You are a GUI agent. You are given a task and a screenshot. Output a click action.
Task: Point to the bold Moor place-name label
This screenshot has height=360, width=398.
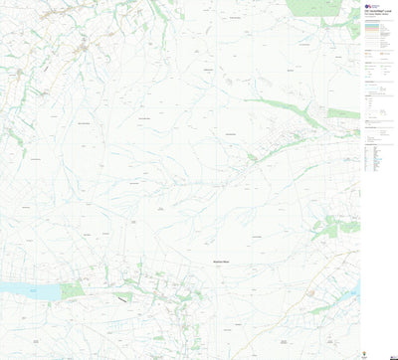click(221, 262)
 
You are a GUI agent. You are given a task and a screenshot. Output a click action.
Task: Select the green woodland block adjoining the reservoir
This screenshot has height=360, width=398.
click(73, 290)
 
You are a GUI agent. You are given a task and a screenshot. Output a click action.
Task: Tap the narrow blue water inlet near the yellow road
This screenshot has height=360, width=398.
click(354, 289)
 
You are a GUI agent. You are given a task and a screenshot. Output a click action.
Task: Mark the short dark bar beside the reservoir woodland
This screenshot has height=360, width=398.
click(122, 295)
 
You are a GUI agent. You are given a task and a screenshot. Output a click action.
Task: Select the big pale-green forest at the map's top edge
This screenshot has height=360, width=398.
click(315, 9)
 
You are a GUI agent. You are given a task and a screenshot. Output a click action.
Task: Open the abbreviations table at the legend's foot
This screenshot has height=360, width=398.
click(373, 164)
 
